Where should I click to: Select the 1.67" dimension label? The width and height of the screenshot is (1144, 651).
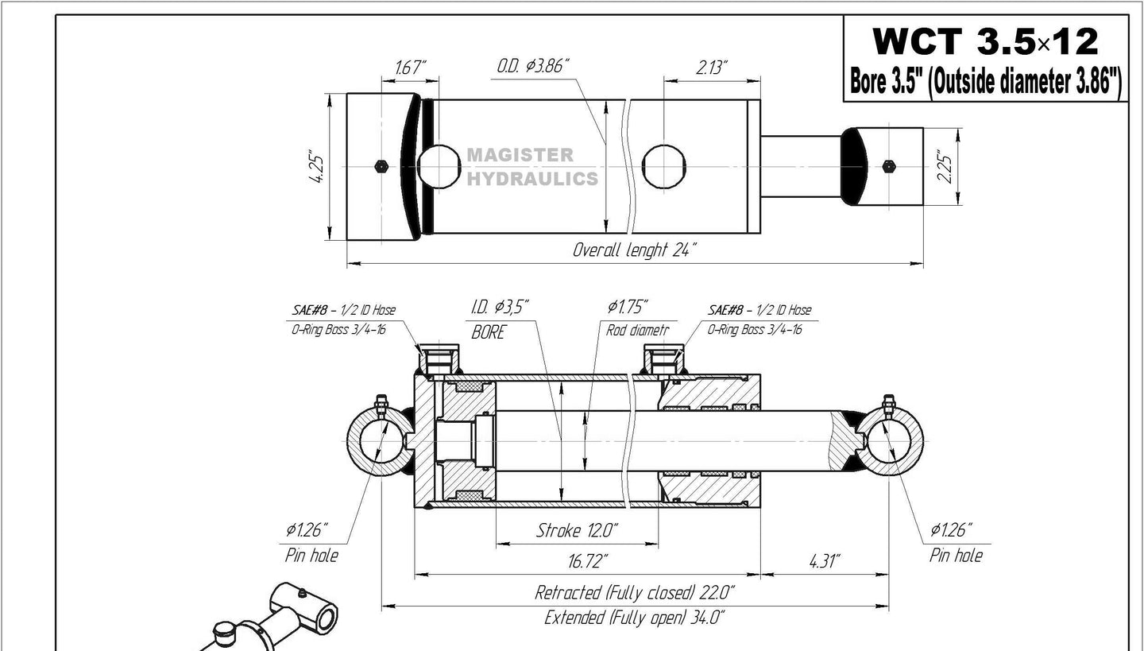[x=408, y=68]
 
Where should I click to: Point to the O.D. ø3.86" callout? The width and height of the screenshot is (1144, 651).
[x=534, y=66]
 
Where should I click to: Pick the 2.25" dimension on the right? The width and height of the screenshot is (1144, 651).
[x=943, y=167]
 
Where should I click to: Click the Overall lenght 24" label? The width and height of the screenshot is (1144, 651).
[x=634, y=250]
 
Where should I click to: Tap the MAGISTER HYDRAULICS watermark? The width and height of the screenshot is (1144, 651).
[x=531, y=168]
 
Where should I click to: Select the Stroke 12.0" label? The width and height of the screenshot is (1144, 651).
[x=578, y=530]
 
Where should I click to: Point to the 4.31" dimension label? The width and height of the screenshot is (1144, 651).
[x=824, y=561]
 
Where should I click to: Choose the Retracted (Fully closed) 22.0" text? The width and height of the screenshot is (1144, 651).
[x=634, y=592]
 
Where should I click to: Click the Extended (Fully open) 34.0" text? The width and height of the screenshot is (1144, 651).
[x=634, y=618]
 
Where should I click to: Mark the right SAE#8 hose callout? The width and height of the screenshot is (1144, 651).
[x=759, y=319]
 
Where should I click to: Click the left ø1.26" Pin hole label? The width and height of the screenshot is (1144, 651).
[x=311, y=541]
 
